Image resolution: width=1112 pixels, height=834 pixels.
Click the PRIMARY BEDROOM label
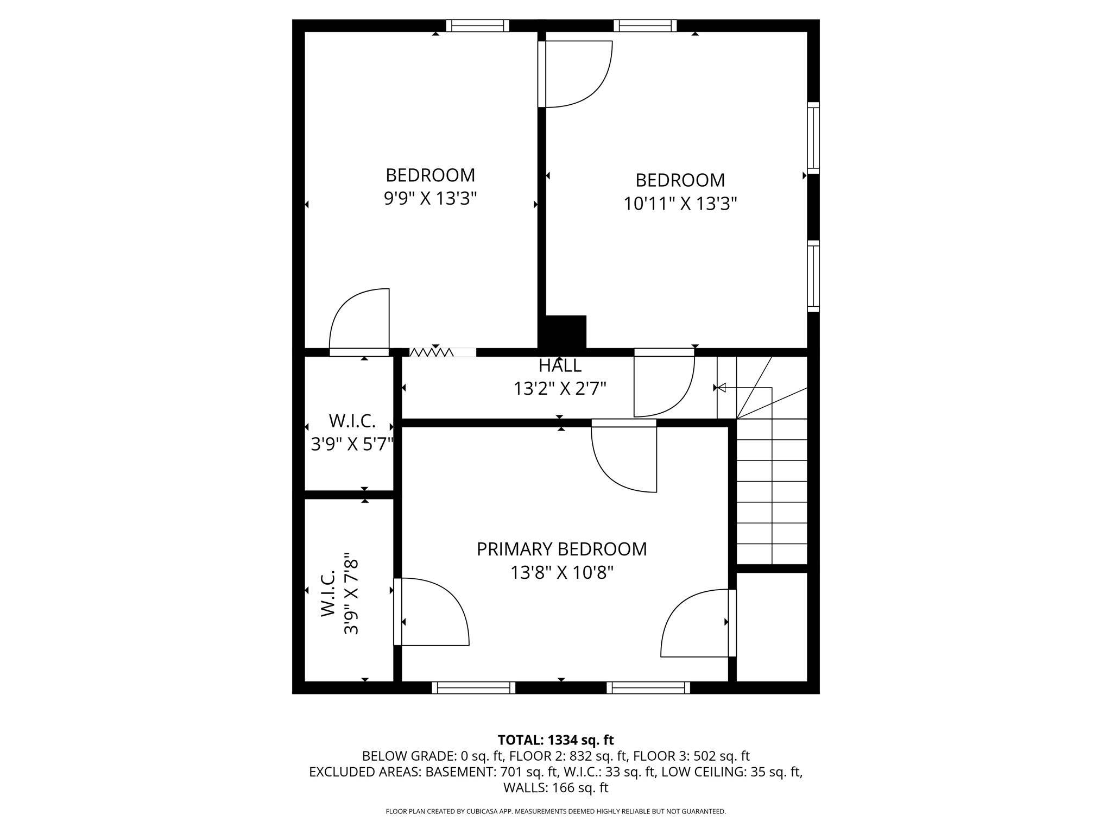[x=561, y=549]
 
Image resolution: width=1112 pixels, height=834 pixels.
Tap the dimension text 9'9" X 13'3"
[x=430, y=199]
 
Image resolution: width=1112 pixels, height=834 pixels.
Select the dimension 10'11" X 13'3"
[x=680, y=204]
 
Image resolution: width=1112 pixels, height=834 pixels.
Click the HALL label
[x=560, y=365]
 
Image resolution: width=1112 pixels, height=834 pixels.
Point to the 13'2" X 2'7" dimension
[x=560, y=389]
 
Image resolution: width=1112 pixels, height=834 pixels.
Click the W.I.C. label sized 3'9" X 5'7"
[x=352, y=421]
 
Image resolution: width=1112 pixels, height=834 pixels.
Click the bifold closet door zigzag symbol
[x=432, y=352]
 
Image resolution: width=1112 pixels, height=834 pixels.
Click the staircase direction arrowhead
[x=722, y=388]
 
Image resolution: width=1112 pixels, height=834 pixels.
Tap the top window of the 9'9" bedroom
[x=477, y=26]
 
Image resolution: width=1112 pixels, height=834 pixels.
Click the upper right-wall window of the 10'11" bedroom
[x=813, y=138]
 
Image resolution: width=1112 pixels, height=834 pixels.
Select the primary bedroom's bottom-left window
[x=473, y=688]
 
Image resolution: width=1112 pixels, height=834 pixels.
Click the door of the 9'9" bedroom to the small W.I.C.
[x=359, y=323]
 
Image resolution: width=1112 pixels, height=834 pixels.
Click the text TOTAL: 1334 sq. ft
[x=555, y=740]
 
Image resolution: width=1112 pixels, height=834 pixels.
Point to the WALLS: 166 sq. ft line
[x=555, y=787]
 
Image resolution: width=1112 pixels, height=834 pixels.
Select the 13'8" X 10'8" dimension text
[x=561, y=572]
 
